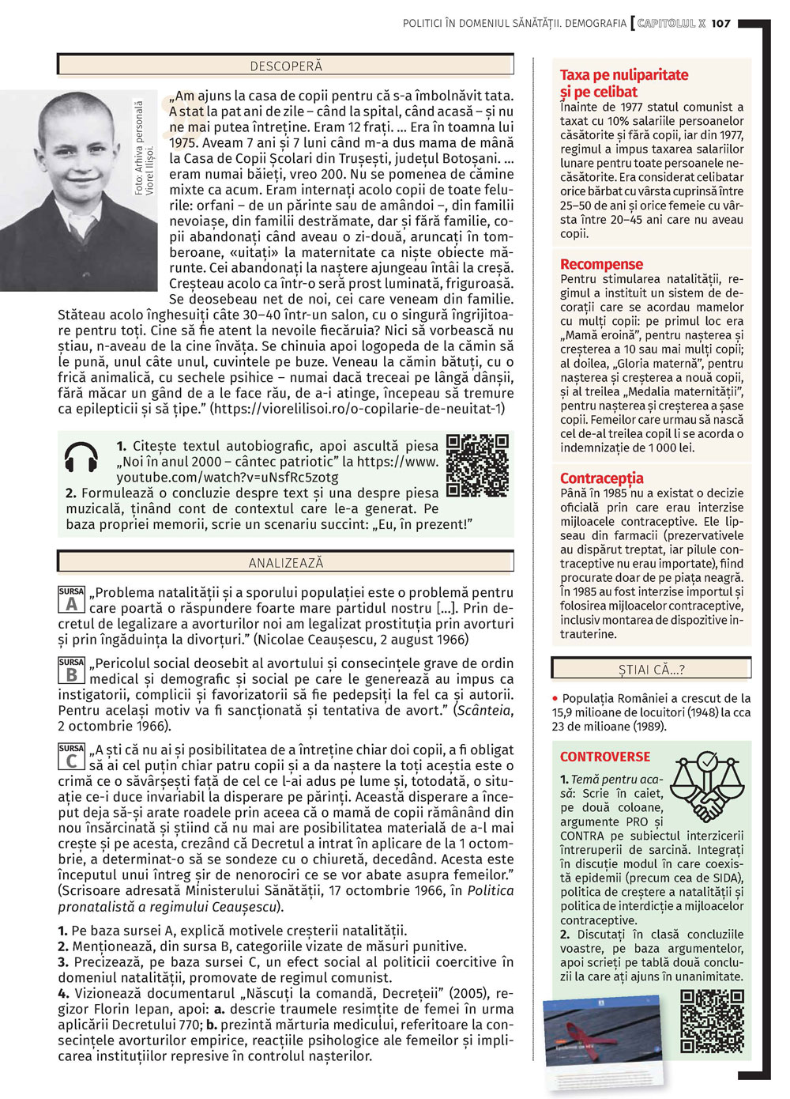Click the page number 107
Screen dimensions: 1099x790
click(720, 24)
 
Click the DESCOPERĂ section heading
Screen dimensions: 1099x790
click(286, 66)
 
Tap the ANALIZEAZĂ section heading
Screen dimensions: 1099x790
click(286, 563)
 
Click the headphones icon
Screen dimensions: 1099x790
click(81, 458)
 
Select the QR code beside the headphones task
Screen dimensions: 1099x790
click(477, 465)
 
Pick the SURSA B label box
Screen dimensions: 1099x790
click(71, 671)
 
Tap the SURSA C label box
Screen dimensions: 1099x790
click(71, 757)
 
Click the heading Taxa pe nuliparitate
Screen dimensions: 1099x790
click(623, 75)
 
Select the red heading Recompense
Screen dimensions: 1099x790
click(601, 264)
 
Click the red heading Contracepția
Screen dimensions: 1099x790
click(601, 478)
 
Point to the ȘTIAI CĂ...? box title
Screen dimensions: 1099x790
click(651, 670)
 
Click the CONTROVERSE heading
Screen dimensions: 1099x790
click(605, 757)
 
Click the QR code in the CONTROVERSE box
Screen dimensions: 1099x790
click(712, 1022)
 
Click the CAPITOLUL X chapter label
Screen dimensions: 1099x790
click(671, 24)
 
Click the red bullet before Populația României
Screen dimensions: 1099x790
click(555, 699)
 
